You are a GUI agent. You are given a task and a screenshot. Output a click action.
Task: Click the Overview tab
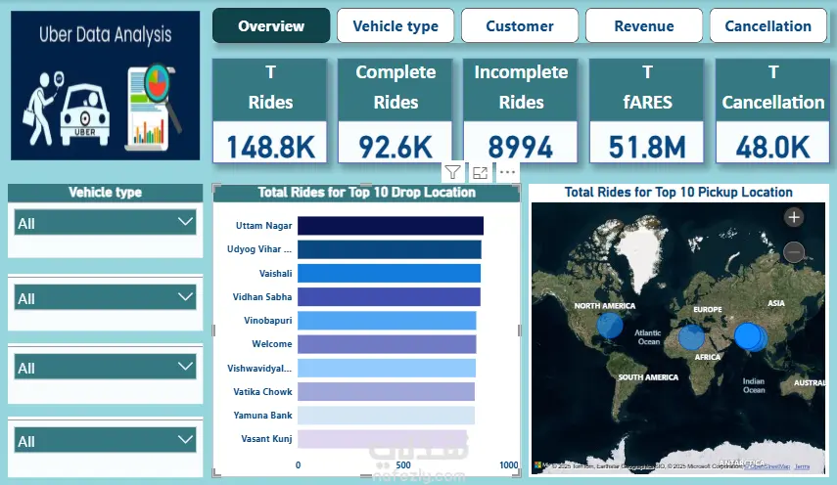271,25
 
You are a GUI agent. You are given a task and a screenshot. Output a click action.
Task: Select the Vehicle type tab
395,25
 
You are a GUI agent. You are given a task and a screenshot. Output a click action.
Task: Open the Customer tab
520,25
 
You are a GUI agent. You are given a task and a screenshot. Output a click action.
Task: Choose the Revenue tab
644,25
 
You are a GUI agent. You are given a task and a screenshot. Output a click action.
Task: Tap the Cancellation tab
768,25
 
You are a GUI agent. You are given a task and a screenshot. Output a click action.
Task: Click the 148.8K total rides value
270,147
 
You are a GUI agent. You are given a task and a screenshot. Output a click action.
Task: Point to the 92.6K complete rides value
395,147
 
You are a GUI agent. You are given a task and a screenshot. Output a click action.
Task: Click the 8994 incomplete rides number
521,147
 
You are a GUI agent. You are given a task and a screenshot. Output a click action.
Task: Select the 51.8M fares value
647,147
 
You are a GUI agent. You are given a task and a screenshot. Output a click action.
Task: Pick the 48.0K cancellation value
773,147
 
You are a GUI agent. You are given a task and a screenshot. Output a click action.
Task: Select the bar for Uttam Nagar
390,226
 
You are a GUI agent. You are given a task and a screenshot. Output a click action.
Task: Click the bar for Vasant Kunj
382,438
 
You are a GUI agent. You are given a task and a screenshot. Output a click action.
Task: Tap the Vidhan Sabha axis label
262,296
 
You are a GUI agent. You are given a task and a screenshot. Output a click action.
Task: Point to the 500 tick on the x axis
402,465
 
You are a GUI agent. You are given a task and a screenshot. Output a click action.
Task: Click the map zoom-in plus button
794,217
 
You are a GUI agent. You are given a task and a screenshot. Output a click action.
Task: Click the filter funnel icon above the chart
452,173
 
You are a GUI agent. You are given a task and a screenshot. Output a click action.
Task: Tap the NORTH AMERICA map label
604,306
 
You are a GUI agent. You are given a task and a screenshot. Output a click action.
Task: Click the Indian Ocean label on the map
753,384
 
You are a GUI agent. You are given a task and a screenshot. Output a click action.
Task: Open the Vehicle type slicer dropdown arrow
186,222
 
